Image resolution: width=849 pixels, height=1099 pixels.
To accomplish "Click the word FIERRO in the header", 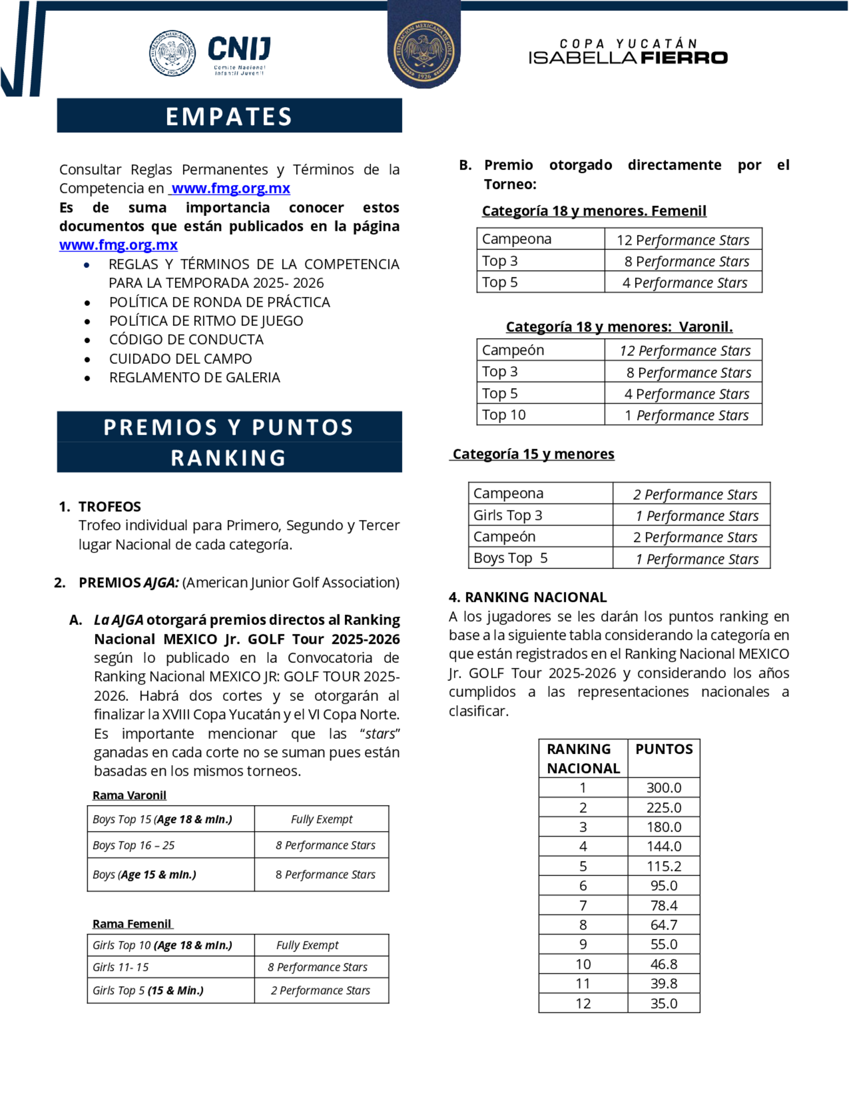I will pos(684,58).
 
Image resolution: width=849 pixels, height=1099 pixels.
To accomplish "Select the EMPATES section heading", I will pos(229,116).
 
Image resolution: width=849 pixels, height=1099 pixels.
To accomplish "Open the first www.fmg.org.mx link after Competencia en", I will pos(231,188).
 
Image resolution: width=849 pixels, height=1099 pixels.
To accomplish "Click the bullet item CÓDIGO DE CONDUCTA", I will pos(186,340).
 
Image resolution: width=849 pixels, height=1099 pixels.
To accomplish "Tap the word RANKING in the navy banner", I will pos(229,458).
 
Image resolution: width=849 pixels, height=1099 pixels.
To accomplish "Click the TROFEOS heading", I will pos(110,506).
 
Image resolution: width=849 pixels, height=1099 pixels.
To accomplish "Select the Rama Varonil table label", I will pos(129,795).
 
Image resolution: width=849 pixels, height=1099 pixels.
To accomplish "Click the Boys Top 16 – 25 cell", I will pos(134,845).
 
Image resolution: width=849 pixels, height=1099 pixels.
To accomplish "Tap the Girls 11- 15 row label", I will pos(121,967).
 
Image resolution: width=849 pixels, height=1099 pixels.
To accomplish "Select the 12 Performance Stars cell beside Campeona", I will pos(683,240).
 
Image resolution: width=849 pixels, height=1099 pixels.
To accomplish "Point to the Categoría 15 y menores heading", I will pos(533,454).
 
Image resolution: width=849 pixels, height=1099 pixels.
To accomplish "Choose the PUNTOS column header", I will pos(664,749).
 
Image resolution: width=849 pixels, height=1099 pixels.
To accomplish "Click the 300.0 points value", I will pos(664,788).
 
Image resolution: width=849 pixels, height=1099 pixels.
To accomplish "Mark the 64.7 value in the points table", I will pos(664,925).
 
